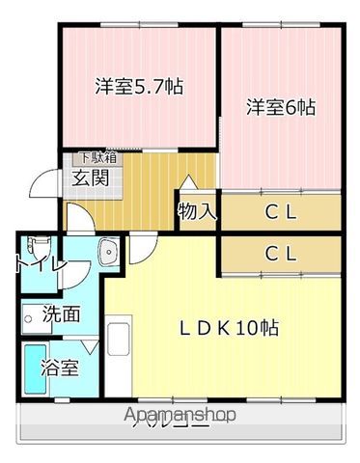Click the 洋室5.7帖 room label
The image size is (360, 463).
click(x=139, y=86)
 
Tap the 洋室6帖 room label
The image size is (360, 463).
click(x=281, y=107)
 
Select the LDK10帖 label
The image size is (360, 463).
click(x=228, y=328)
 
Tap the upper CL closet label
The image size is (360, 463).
click(x=280, y=211)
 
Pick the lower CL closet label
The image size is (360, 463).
click(x=280, y=255)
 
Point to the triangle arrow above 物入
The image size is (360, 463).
click(x=189, y=182)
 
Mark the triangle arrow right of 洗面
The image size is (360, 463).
click(x=91, y=342)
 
